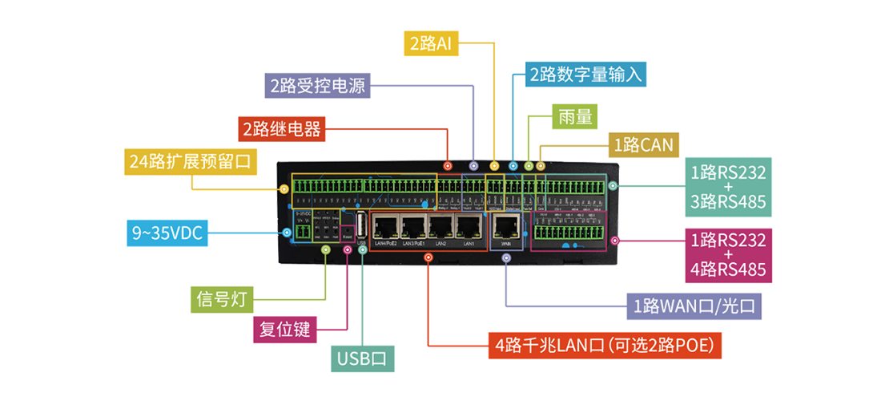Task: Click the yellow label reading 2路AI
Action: tap(432, 44)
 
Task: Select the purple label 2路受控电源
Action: tap(317, 86)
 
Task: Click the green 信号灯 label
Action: tap(223, 299)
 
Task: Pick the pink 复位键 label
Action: tap(285, 329)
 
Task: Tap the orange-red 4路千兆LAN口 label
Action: tap(605, 346)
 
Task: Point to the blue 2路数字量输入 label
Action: tap(586, 75)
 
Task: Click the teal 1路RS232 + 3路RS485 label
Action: tap(728, 187)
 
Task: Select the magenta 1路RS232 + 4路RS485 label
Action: tap(728, 255)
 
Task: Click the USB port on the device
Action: tap(362, 224)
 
